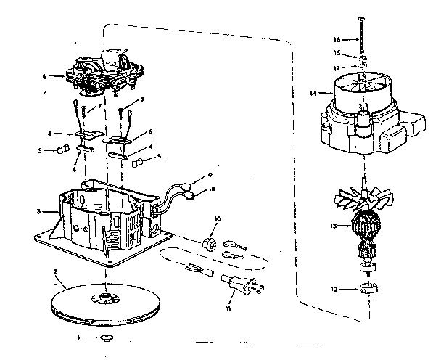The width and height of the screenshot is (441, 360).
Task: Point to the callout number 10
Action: pyautogui.click(x=215, y=218)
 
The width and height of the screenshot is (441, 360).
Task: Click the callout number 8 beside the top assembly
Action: pyautogui.click(x=45, y=75)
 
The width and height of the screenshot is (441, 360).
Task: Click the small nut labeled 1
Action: pyautogui.click(x=107, y=338)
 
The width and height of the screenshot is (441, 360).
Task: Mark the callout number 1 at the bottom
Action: pyautogui.click(x=81, y=338)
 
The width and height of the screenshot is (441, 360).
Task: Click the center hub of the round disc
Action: pyautogui.click(x=106, y=298)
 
